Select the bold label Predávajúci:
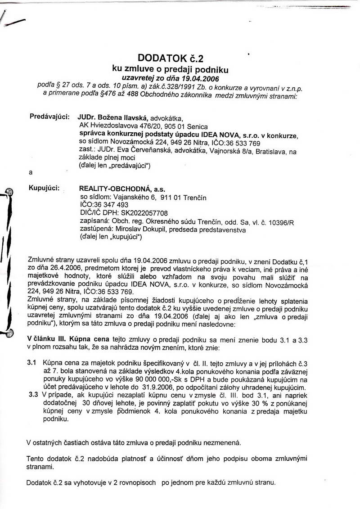(x=49, y=117)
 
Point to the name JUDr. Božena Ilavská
(x=110, y=118)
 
